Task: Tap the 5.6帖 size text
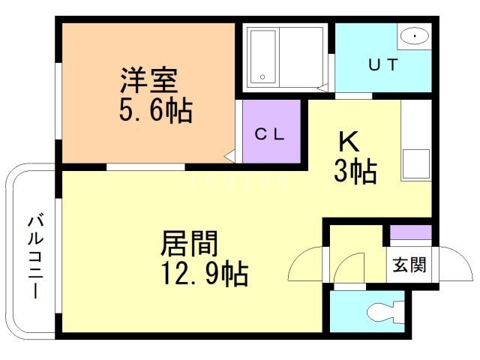point(155,112)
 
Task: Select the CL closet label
point(269,135)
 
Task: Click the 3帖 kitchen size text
point(355,172)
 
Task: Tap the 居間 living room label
point(189,243)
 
